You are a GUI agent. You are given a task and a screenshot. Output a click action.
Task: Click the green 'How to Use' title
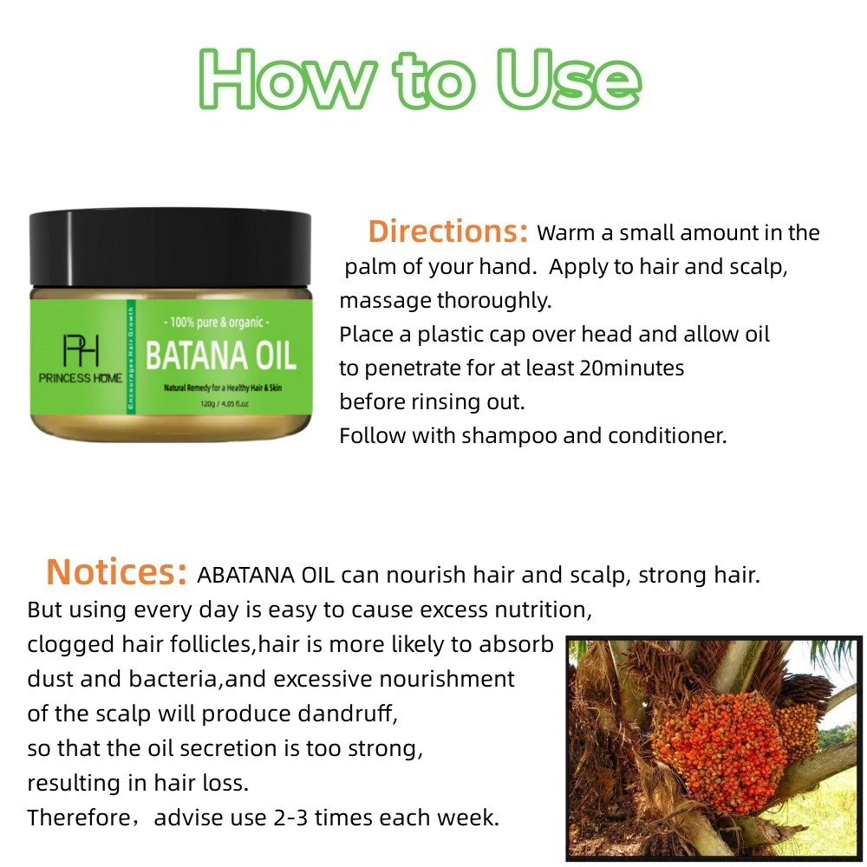tap(421, 80)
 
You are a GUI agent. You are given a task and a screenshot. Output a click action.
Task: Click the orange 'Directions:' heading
tap(447, 231)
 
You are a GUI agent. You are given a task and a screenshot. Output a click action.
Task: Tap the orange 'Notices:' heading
tap(116, 572)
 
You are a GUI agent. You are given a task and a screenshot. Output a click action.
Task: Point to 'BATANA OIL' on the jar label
tap(220, 355)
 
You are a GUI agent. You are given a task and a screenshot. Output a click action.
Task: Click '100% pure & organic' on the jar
tap(220, 322)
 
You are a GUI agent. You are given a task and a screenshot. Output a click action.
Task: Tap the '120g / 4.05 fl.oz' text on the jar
tap(220, 403)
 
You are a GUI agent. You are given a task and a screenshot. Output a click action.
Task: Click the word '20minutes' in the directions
tap(632, 368)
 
